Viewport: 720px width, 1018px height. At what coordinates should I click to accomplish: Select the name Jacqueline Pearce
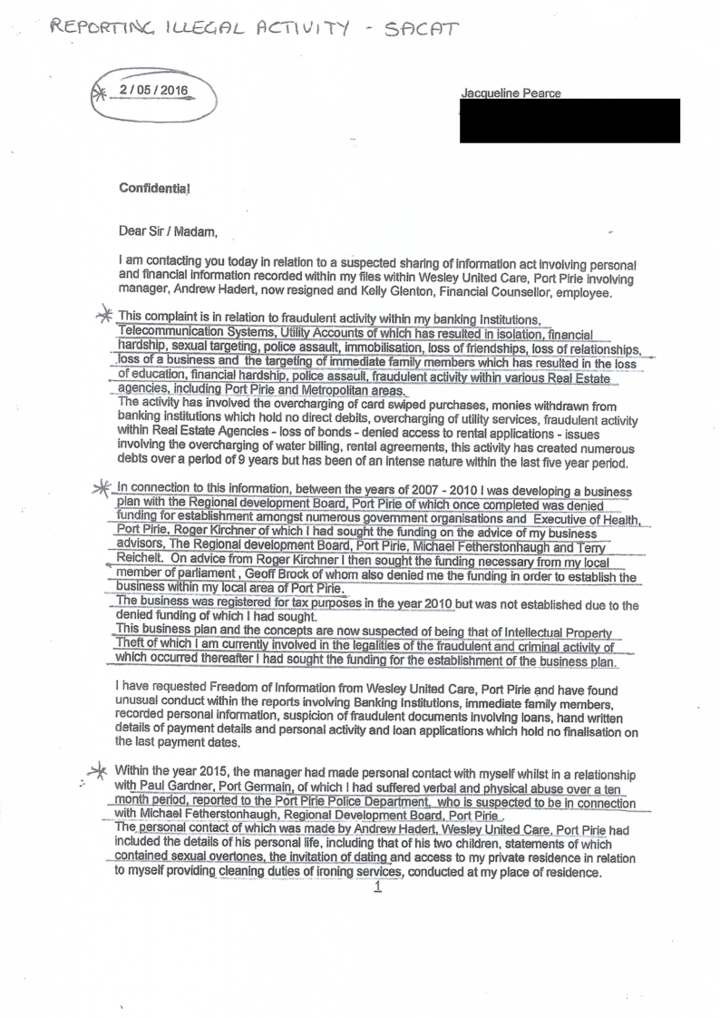pos(511,93)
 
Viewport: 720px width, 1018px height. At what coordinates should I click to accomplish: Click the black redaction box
pos(569,121)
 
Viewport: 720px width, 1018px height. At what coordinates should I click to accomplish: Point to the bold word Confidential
pos(155,188)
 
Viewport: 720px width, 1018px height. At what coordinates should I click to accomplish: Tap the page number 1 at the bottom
pos(377,888)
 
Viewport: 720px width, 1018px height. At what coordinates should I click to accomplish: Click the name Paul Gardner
pos(155,787)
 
